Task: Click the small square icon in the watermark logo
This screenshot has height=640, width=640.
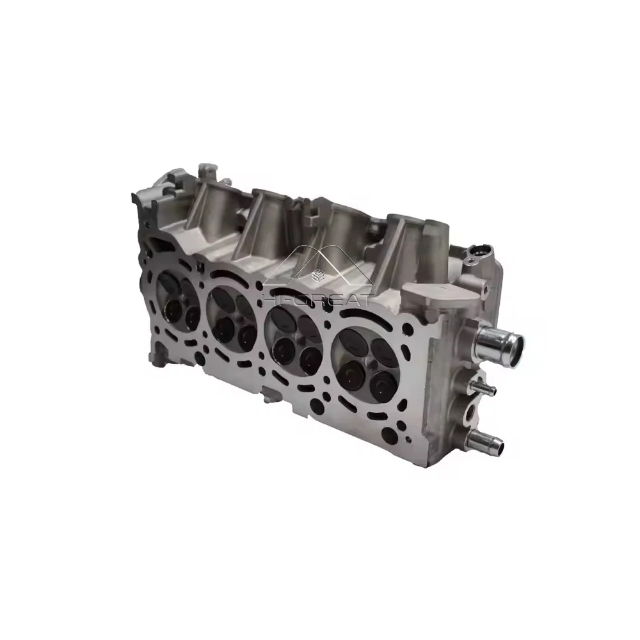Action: point(316,276)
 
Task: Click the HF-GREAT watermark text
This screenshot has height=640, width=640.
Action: point(319,301)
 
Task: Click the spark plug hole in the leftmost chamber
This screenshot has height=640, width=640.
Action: point(179,300)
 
